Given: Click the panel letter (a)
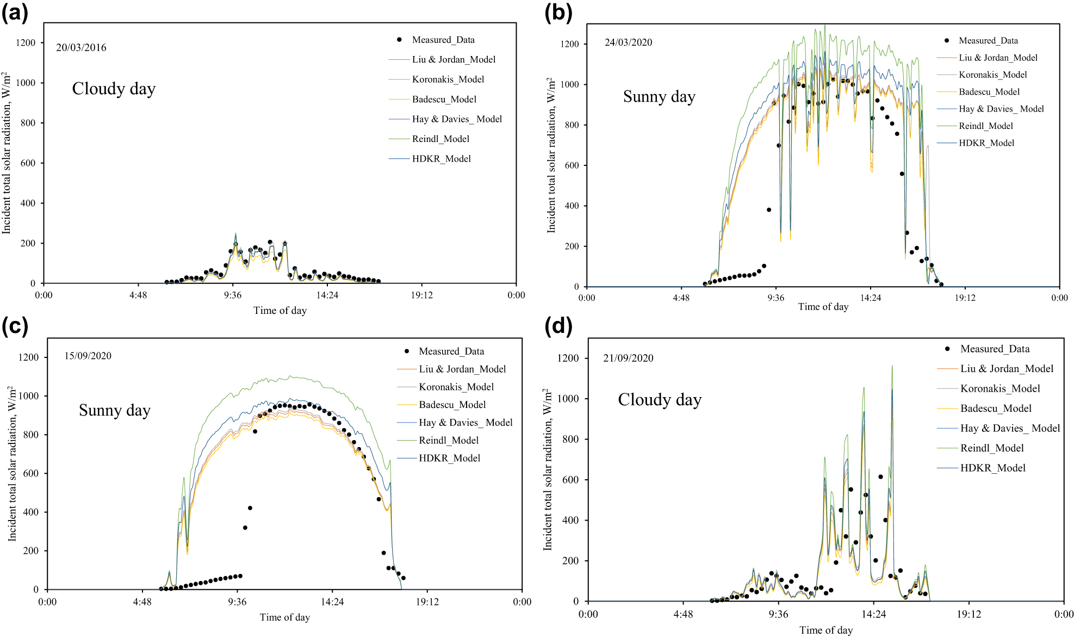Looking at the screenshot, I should pos(15,12).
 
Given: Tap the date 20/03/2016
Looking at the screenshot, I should pos(81,47).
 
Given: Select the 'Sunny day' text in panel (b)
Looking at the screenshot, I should pos(659,97).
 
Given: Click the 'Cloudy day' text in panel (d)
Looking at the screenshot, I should pos(660,400).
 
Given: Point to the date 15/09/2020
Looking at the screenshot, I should pos(88,356).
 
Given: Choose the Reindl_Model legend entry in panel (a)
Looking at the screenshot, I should pos(440,139).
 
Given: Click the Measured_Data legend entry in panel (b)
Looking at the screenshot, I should pos(988,40).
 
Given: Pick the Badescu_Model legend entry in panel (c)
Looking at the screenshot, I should pos(452,405).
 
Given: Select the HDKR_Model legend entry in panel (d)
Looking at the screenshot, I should pos(992,468).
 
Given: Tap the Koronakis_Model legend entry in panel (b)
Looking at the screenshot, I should pos(992,75).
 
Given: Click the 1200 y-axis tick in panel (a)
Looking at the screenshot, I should pos(26,42).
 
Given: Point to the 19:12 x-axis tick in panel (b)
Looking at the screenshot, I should pos(965,298).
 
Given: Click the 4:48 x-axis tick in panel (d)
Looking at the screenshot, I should pos(683,614).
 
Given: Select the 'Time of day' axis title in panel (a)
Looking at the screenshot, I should pos(280,311).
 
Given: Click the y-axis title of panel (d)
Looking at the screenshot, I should pos(547,469).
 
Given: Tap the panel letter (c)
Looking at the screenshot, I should pos(15,326).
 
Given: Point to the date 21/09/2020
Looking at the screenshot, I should pos(628,358).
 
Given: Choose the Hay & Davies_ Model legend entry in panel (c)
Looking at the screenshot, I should pos(465,423).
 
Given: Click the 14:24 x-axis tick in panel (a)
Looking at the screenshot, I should pos(327,295).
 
